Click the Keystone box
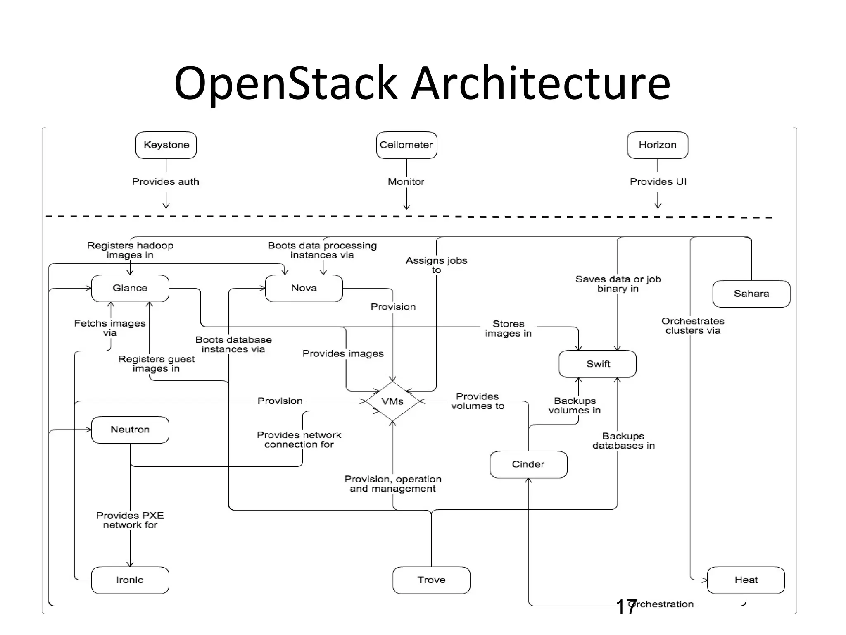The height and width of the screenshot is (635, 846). (x=166, y=145)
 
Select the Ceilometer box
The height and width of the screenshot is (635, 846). (x=406, y=145)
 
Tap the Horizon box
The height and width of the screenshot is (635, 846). (x=658, y=145)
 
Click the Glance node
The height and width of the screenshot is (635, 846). (x=130, y=288)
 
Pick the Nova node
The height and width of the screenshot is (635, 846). (x=304, y=288)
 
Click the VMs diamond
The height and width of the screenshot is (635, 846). (x=392, y=401)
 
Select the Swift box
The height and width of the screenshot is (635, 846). (x=598, y=364)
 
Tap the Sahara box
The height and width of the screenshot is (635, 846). (x=751, y=294)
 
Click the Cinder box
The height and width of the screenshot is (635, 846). (x=528, y=464)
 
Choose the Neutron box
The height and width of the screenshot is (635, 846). (x=130, y=430)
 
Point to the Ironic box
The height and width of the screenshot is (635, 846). (x=130, y=580)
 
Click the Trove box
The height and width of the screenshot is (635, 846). (x=431, y=580)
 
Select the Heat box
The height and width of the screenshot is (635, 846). (x=746, y=580)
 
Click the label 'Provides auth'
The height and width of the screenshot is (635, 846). (x=166, y=182)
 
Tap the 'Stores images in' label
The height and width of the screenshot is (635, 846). (x=509, y=329)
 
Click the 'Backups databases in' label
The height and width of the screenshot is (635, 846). (x=623, y=441)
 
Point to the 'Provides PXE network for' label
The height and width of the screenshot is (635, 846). (x=130, y=520)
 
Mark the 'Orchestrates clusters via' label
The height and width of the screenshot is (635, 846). (x=693, y=326)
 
